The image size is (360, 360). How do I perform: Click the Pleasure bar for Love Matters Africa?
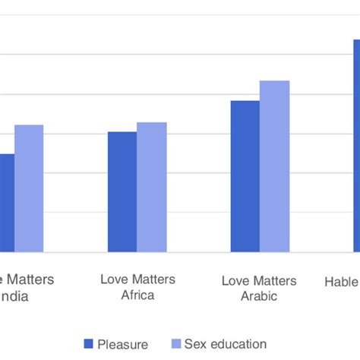[122, 191]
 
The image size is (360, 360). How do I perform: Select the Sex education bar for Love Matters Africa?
[151, 187]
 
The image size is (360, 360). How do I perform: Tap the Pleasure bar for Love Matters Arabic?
[245, 175]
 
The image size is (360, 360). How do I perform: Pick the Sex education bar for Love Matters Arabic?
[274, 166]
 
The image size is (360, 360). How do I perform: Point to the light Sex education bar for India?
[29, 188]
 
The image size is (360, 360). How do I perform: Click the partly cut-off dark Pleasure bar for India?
[6, 202]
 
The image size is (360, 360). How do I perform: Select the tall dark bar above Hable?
[355, 144]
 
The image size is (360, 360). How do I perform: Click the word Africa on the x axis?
[137, 295]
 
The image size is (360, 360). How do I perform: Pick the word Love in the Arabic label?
[235, 280]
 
